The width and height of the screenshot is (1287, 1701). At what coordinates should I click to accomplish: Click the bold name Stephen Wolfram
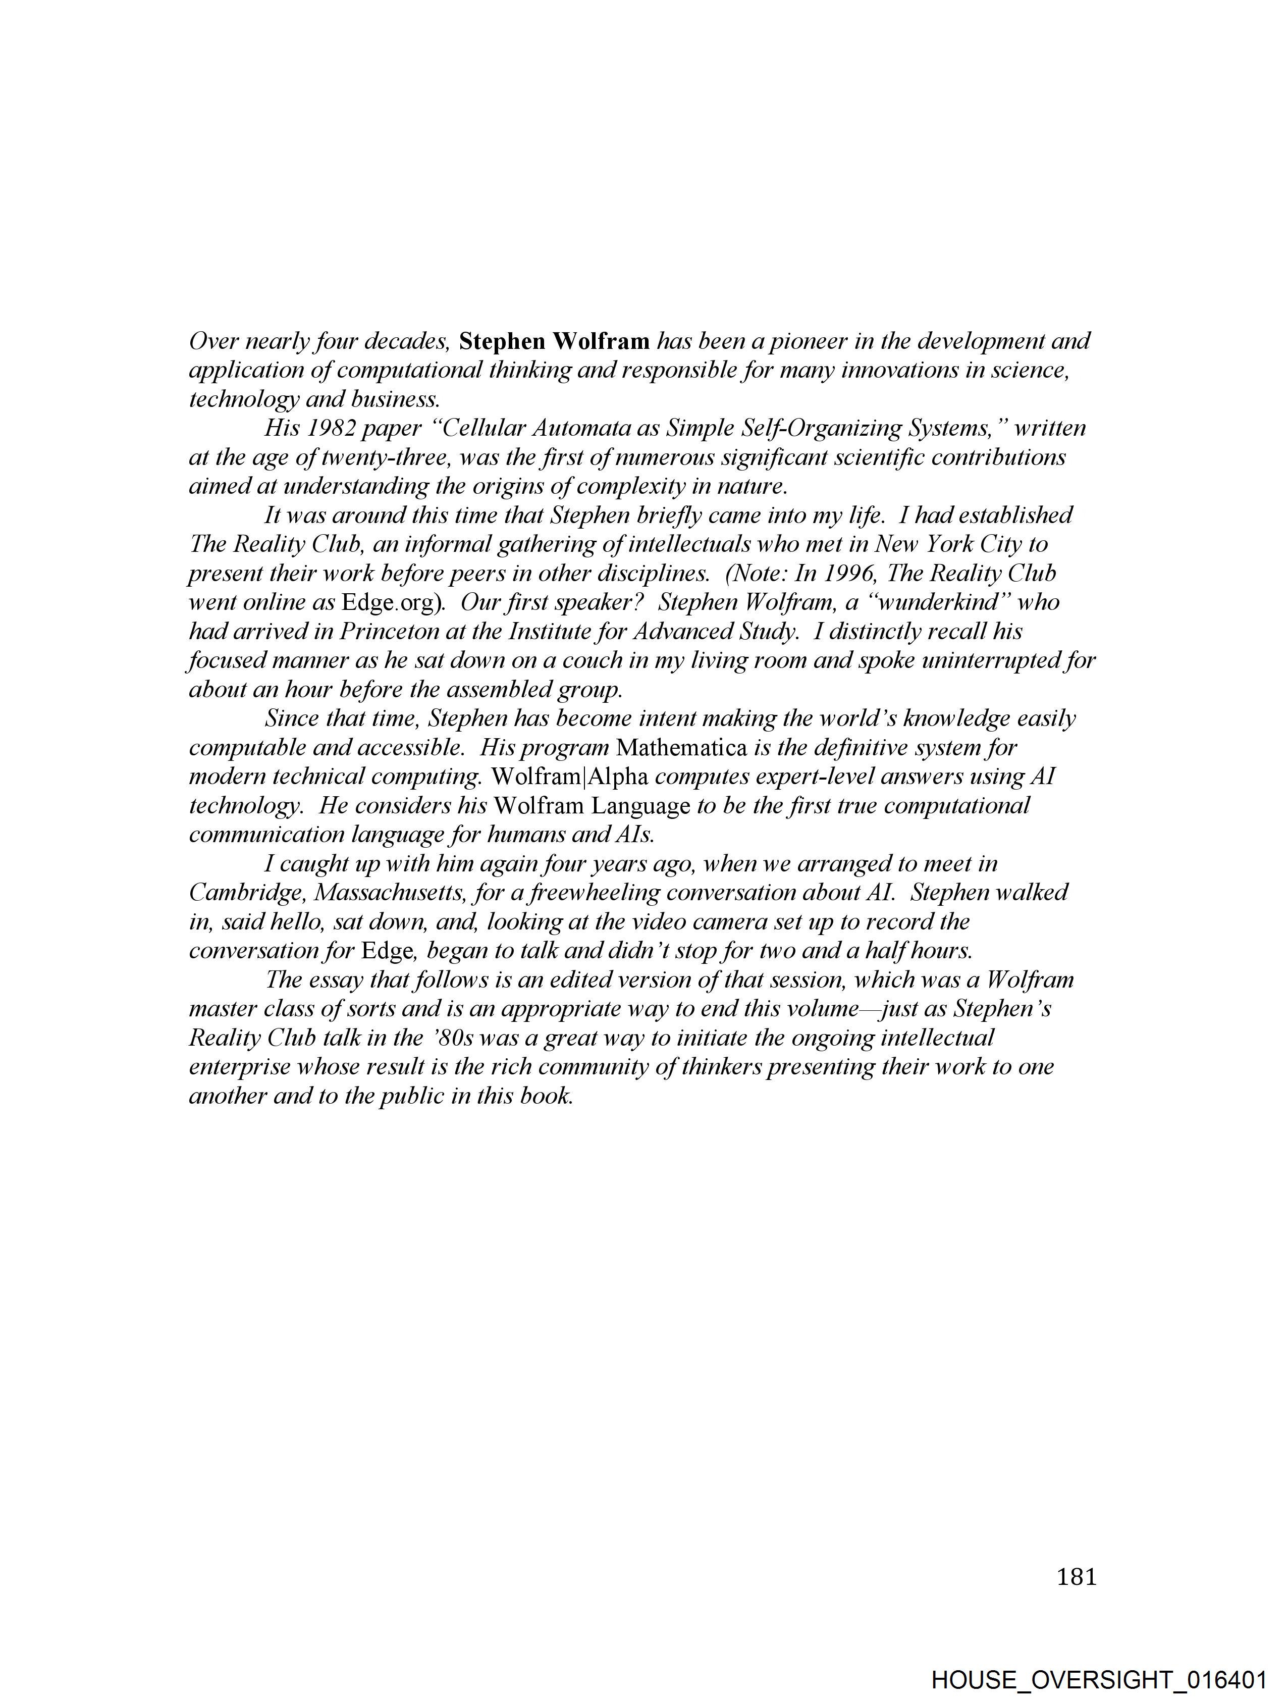[x=554, y=341]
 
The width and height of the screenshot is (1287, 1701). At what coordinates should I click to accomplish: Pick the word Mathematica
[x=682, y=747]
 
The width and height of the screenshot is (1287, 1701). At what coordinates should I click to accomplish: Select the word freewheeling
[x=584, y=893]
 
